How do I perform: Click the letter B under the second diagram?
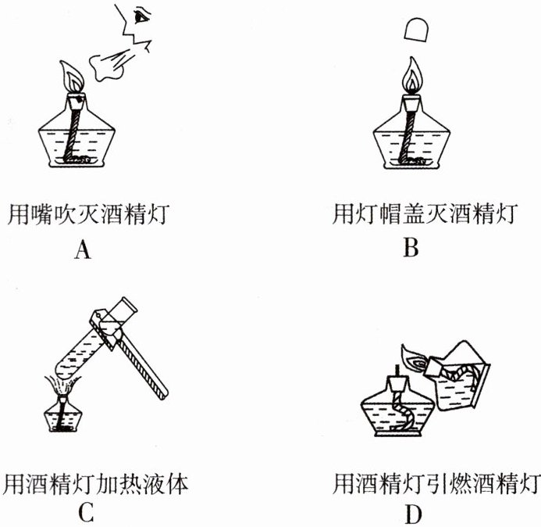click(411, 249)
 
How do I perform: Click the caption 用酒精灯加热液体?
click(97, 479)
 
